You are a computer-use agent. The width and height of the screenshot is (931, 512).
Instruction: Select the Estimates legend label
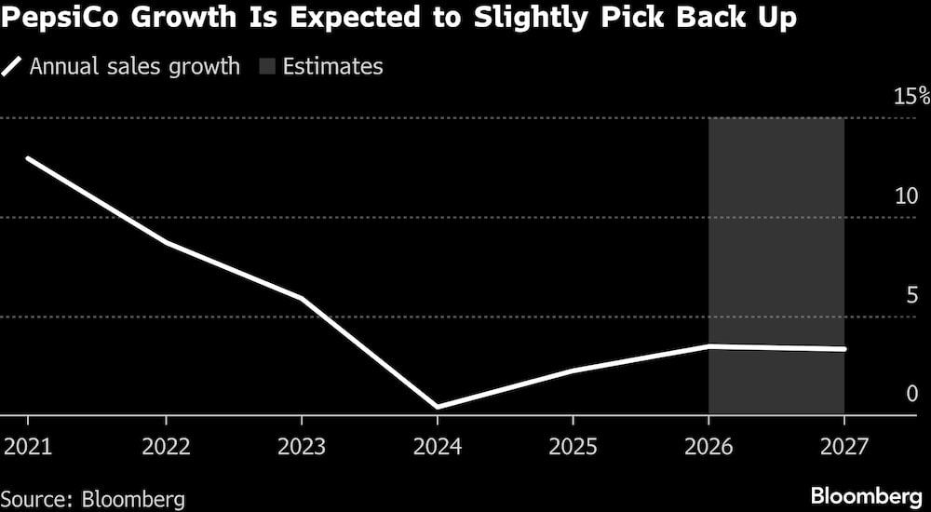pyautogui.click(x=333, y=67)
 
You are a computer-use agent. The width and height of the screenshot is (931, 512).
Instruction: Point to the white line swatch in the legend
pyautogui.click(x=14, y=67)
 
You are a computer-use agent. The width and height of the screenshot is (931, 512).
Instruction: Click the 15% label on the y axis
pyautogui.click(x=911, y=96)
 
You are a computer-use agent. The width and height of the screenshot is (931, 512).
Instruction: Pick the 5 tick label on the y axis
pyautogui.click(x=911, y=295)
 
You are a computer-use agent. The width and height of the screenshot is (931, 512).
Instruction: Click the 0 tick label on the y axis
pyautogui.click(x=911, y=394)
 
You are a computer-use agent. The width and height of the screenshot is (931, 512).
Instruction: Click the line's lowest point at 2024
pyautogui.click(x=437, y=407)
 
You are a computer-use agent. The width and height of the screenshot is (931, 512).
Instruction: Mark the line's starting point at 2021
pyautogui.click(x=28, y=158)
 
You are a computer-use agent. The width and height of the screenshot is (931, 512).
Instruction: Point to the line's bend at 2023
pyautogui.click(x=302, y=298)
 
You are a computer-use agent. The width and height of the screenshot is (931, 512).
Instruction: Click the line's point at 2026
pyautogui.click(x=709, y=346)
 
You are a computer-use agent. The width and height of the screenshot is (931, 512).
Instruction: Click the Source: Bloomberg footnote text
pyautogui.click(x=93, y=498)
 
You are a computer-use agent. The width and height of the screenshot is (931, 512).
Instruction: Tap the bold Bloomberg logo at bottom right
pyautogui.click(x=865, y=495)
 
